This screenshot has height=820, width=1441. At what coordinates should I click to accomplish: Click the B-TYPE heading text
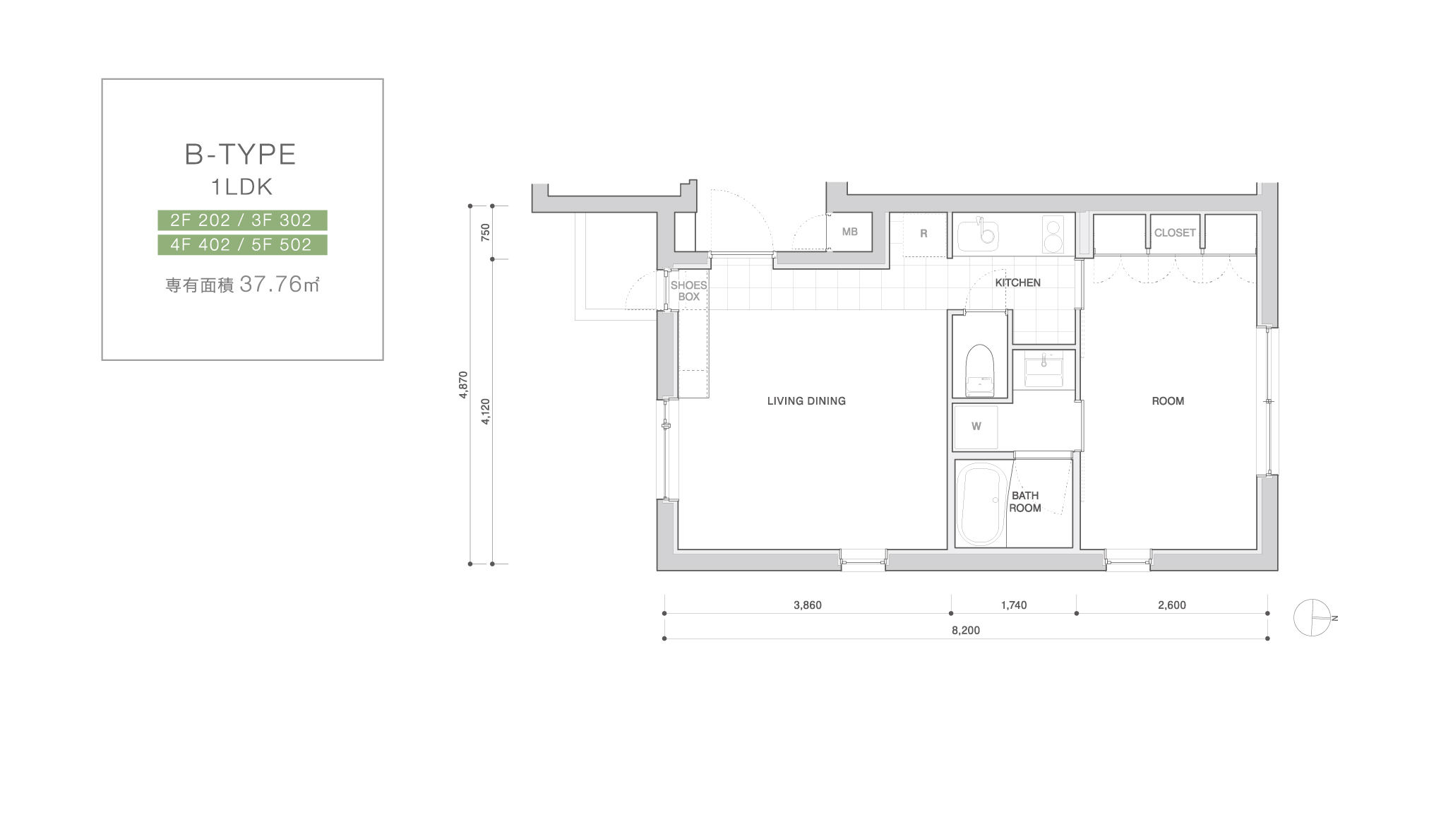coord(240,155)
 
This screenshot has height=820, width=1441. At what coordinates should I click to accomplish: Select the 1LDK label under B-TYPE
coord(241,187)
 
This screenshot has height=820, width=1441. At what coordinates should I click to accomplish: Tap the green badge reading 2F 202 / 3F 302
coord(242,220)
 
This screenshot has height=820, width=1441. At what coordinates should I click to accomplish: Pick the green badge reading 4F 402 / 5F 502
coord(242,245)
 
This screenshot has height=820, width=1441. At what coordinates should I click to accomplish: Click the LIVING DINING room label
coord(806,401)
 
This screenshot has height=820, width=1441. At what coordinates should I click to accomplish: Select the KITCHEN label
coord(1017,283)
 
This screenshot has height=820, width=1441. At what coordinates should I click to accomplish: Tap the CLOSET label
coord(1175,232)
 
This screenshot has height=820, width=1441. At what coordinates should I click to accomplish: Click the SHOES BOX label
coord(688,291)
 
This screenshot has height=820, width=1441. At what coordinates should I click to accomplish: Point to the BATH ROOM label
coord(1025,501)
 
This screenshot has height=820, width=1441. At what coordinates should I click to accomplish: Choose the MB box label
coord(850,232)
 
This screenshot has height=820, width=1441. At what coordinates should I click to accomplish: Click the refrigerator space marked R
coord(923,233)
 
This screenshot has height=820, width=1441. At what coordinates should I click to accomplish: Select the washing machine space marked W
coord(976,427)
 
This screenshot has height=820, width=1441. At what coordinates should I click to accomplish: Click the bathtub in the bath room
coord(981,504)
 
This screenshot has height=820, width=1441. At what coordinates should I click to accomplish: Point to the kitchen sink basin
coord(978,234)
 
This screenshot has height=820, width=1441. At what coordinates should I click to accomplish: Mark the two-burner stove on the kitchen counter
coord(1053,234)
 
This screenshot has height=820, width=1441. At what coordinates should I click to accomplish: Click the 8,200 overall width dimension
coord(966,631)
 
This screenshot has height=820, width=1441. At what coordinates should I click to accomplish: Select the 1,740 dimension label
coord(1014,605)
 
